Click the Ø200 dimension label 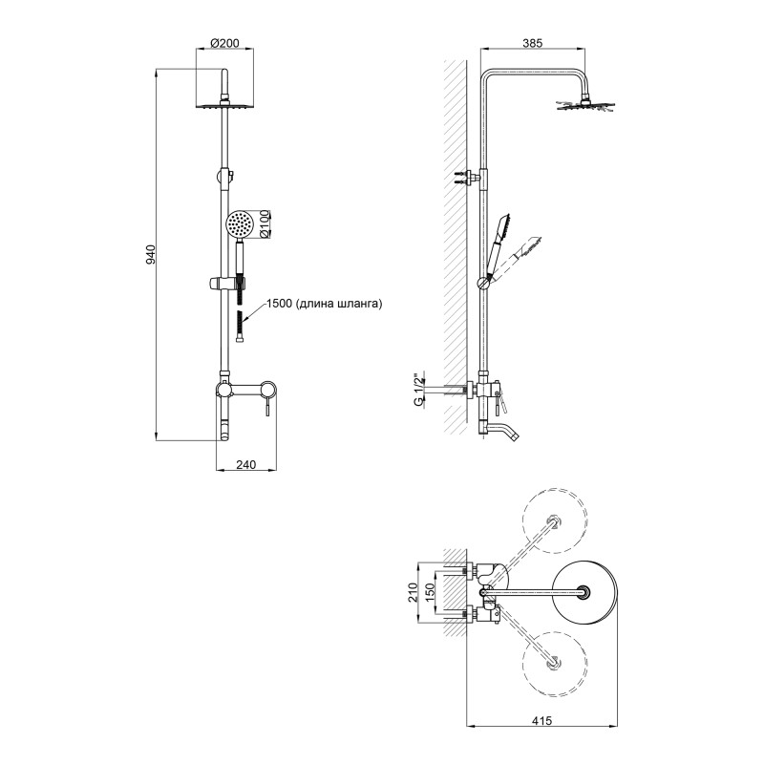(x=224, y=43)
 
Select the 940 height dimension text (x=151, y=254)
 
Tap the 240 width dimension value (x=246, y=465)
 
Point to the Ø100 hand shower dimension (x=265, y=223)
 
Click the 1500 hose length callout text (x=325, y=304)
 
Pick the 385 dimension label (x=533, y=43)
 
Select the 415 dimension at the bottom (x=541, y=720)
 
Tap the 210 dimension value (x=414, y=592)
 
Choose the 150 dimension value (x=430, y=592)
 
